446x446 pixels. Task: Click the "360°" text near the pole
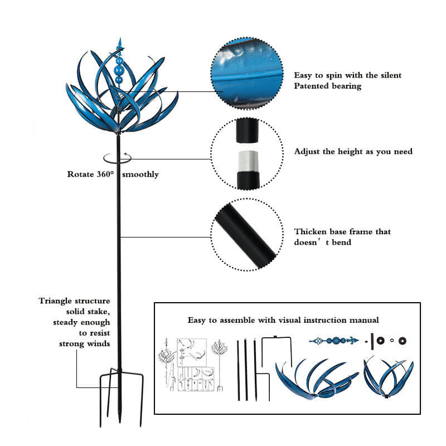tap(105, 174)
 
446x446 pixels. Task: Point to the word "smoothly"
tap(140, 174)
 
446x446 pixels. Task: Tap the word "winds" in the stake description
tap(99, 343)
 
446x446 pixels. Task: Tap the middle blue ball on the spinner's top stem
tap(119, 69)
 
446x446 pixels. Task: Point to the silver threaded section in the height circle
tap(248, 161)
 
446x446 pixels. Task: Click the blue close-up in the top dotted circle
tap(247, 73)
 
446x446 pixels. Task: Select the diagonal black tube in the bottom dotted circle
tap(245, 236)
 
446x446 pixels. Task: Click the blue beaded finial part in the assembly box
tap(333, 340)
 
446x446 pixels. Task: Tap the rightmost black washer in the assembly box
tap(402, 341)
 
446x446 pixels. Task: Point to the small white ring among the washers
tap(392, 341)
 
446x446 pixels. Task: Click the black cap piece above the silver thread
tap(248, 131)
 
